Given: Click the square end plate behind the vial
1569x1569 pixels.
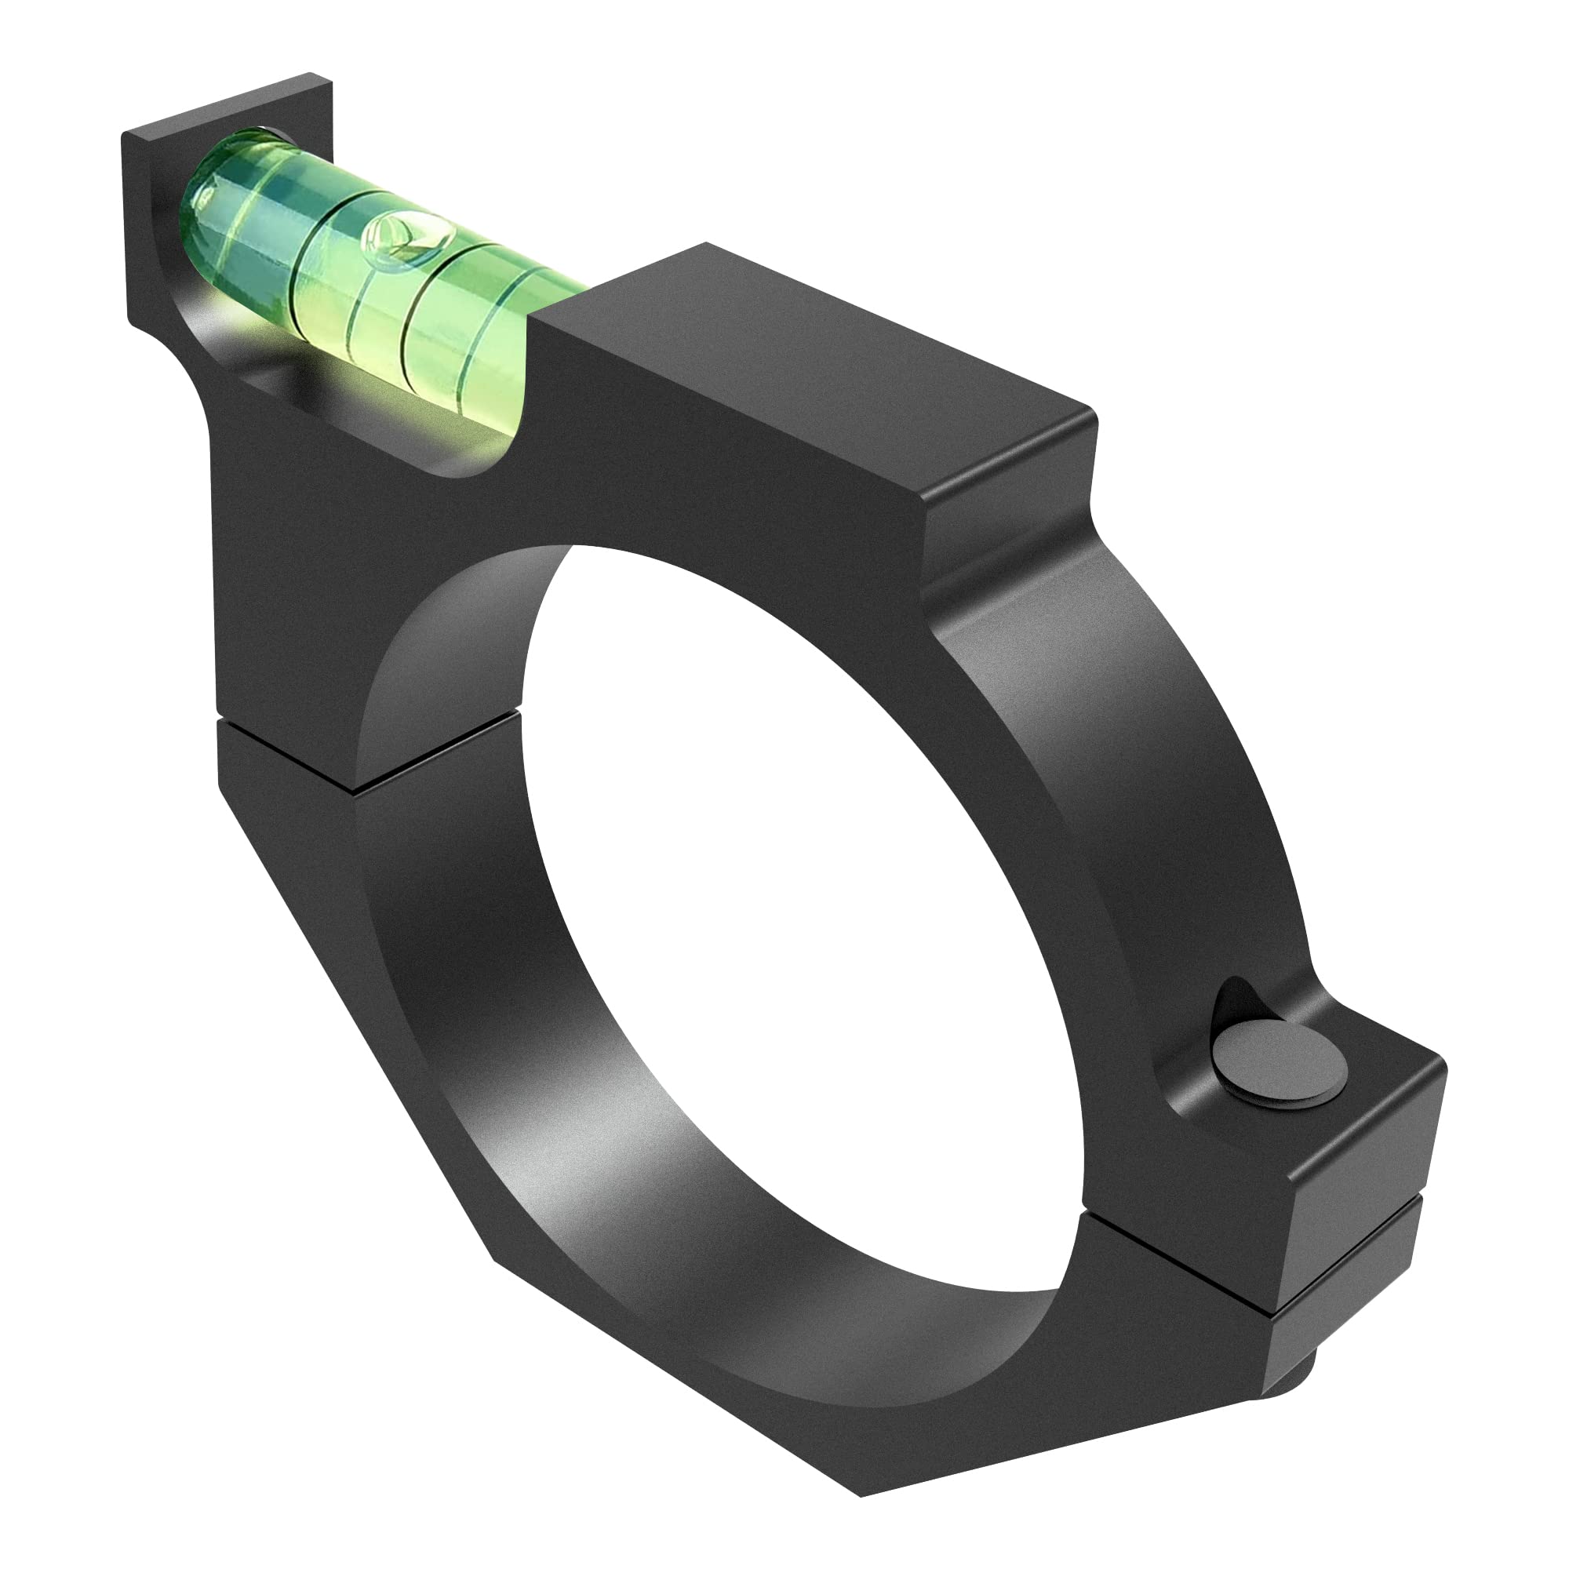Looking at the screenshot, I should tap(146, 211).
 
